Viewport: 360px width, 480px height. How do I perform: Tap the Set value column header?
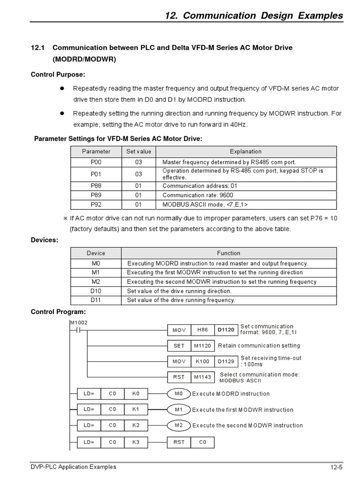(139, 151)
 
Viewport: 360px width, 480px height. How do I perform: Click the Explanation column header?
(246, 151)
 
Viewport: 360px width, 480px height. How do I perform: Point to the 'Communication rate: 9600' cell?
(197, 195)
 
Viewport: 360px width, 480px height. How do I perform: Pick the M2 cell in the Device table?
(96, 282)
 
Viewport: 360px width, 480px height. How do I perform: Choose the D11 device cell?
(96, 300)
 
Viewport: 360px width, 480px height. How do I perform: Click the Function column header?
(228, 253)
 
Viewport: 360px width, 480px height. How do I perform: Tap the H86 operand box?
(202, 330)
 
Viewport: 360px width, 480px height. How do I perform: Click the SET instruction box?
(179, 346)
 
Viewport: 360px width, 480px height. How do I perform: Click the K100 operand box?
(202, 362)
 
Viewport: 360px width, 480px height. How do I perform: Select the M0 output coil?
(179, 394)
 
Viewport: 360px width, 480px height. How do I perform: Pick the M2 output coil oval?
(179, 426)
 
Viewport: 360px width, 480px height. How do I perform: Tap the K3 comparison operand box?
(136, 442)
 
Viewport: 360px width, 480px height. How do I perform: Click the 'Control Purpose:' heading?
(58, 75)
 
